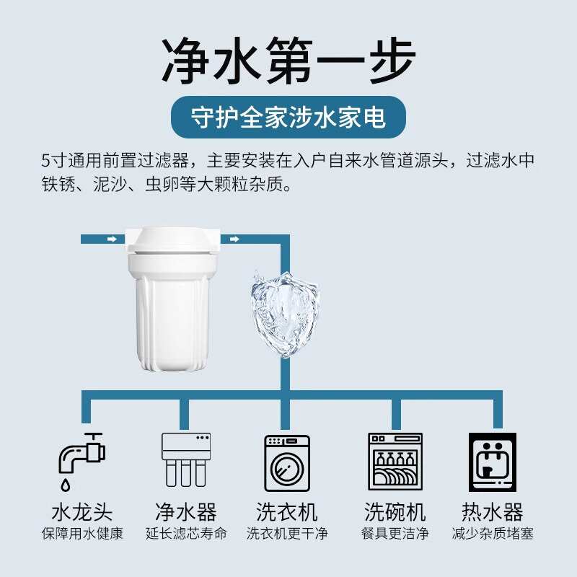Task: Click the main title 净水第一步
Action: [x=288, y=61]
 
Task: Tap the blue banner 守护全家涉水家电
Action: [x=288, y=117]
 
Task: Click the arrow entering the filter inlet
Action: [x=111, y=239]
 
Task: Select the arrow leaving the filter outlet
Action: [x=234, y=239]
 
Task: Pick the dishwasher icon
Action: [x=395, y=462]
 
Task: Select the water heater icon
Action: [x=493, y=462]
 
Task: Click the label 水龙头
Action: [x=82, y=513]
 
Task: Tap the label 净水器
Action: [x=186, y=513]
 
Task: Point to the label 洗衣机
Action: [x=287, y=513]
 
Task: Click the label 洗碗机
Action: [x=395, y=513]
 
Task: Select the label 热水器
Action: [x=493, y=513]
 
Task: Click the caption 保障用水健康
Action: [x=82, y=534]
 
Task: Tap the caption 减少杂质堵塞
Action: [x=493, y=534]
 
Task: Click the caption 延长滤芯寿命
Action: [x=186, y=534]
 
